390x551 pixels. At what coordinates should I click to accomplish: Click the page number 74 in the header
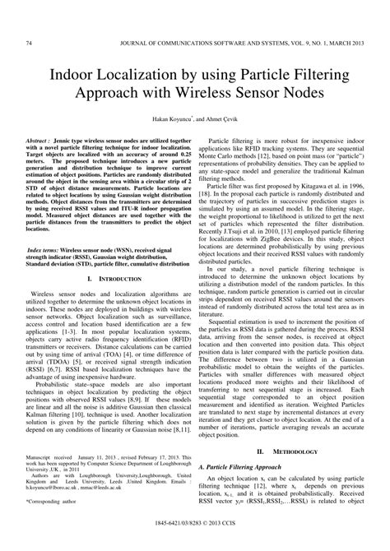(30, 43)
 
